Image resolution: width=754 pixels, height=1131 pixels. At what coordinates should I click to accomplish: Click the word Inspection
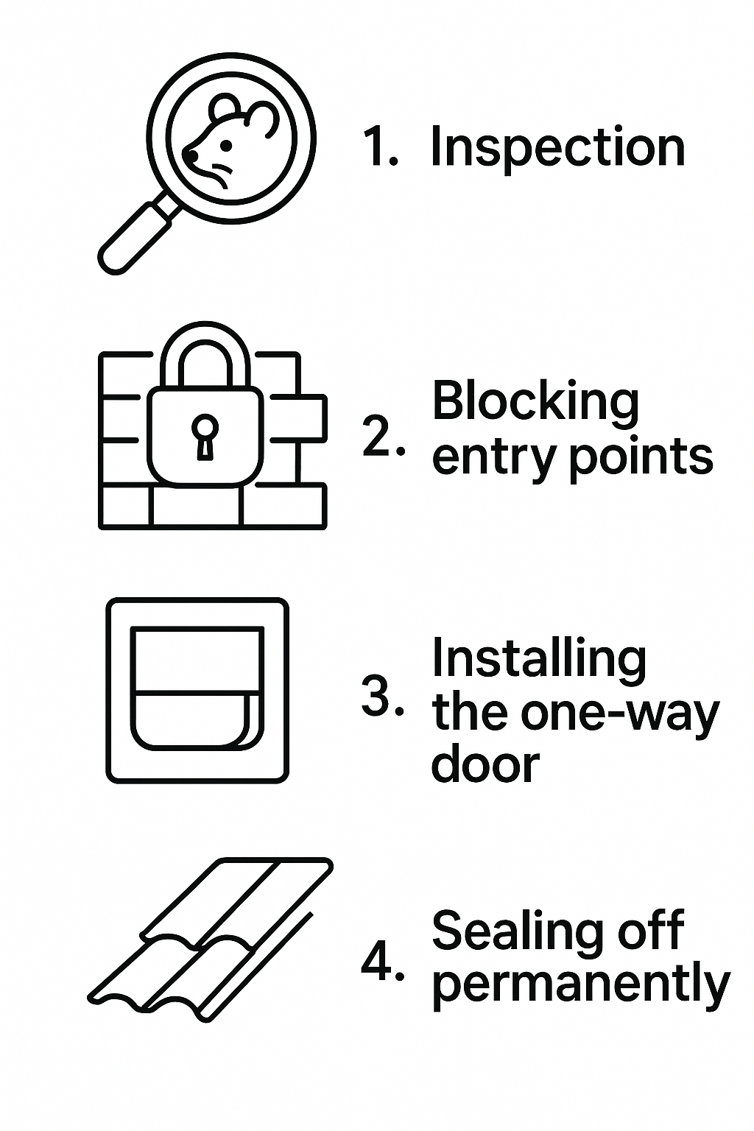pyautogui.click(x=557, y=148)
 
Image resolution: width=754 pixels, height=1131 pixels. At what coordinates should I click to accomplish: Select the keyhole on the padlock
pyautogui.click(x=205, y=434)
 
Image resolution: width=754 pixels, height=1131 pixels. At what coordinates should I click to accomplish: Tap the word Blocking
pyautogui.click(x=535, y=403)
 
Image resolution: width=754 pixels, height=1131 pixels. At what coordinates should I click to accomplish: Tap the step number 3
pyautogui.click(x=378, y=695)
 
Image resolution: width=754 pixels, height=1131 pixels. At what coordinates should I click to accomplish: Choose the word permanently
pyautogui.click(x=580, y=984)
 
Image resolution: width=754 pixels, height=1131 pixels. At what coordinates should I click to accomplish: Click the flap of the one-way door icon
pyautogui.click(x=197, y=719)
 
